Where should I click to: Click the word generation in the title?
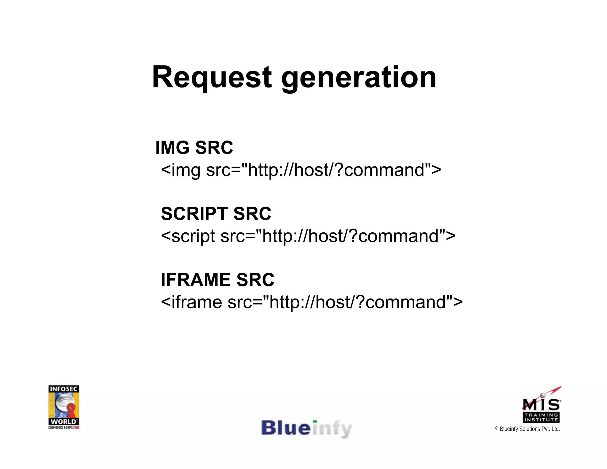[x=359, y=78]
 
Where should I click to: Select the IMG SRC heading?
[x=194, y=147]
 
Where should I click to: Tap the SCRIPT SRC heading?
[x=216, y=213]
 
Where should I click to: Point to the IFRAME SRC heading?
[x=218, y=280]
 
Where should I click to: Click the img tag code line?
[x=301, y=170]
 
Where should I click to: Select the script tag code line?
[x=308, y=236]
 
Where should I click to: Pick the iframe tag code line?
[x=312, y=302]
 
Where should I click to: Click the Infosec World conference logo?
[x=64, y=407]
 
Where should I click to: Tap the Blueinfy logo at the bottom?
[x=306, y=428]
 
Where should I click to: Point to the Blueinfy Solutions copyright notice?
[x=527, y=429]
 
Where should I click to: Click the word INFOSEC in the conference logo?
[x=64, y=389]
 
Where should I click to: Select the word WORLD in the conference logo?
[x=63, y=422]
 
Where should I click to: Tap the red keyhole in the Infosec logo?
[x=71, y=409]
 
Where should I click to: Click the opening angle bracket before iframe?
[x=166, y=303]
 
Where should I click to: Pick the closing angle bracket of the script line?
[x=450, y=236]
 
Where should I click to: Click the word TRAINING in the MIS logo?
[x=541, y=415]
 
